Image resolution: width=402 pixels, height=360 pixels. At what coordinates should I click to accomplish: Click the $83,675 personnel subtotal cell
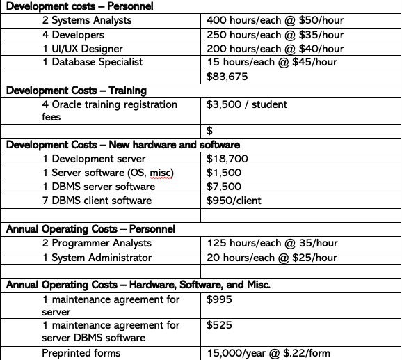(x=227, y=77)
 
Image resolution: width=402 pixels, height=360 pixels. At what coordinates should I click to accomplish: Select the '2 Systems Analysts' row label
(x=88, y=20)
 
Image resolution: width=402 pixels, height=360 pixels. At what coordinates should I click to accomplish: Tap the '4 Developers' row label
(x=73, y=34)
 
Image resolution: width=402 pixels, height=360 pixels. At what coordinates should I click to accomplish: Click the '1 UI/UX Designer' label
(x=83, y=48)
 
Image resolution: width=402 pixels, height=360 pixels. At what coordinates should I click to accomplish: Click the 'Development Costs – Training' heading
(x=77, y=91)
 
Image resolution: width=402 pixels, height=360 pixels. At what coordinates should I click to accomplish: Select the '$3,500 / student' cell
(x=247, y=104)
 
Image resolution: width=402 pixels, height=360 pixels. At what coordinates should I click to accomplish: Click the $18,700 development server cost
(x=227, y=159)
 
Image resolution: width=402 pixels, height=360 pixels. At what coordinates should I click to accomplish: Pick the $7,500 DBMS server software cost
(x=225, y=187)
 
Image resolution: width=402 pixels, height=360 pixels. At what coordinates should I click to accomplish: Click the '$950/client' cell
(x=234, y=201)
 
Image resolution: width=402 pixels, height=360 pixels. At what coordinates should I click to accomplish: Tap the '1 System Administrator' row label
(x=97, y=257)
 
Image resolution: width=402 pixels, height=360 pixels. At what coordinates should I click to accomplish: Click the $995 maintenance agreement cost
(x=220, y=299)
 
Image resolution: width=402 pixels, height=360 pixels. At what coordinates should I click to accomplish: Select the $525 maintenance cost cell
(x=220, y=325)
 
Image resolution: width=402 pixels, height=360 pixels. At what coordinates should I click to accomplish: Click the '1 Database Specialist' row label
(x=93, y=62)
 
